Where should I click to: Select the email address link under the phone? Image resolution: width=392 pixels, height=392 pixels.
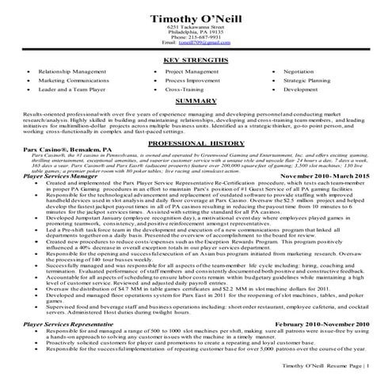point(196,43)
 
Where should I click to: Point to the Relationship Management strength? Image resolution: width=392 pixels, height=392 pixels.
point(71,70)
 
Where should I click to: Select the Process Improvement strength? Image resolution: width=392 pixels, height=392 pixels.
point(192,80)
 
